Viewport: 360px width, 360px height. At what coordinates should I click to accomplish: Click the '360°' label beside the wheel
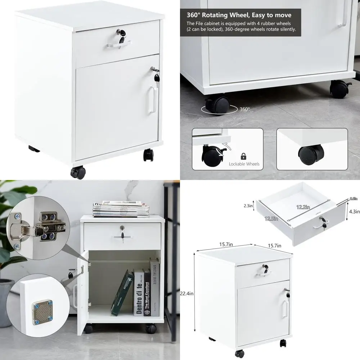(x=244, y=109)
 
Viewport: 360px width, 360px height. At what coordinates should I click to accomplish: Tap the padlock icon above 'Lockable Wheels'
(x=244, y=156)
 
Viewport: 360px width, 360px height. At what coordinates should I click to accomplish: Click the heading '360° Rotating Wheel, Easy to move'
(x=239, y=15)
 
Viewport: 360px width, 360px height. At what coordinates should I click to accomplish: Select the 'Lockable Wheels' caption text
(x=244, y=164)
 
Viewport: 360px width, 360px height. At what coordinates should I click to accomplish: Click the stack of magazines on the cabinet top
(x=121, y=210)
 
